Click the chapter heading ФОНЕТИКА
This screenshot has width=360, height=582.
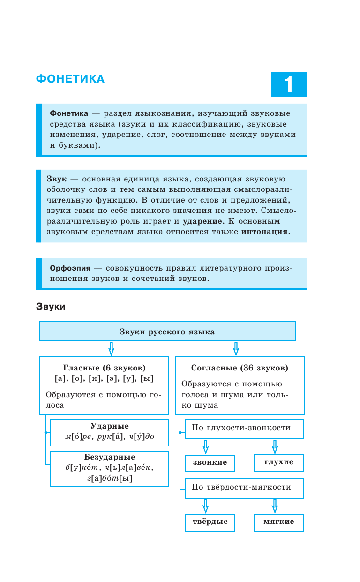click(x=70, y=79)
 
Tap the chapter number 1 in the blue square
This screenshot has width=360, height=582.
click(x=289, y=84)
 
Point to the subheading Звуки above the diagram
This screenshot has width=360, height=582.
click(x=51, y=307)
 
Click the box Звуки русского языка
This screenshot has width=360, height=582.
click(x=167, y=331)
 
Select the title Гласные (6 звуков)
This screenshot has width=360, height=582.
click(x=104, y=368)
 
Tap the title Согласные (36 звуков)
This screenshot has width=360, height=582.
click(x=240, y=368)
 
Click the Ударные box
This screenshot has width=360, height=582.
click(x=109, y=432)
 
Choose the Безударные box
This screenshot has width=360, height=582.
click(x=109, y=468)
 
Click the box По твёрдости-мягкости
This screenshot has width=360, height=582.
click(x=244, y=488)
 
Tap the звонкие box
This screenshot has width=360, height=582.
click(x=210, y=463)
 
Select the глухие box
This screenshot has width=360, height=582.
click(x=279, y=462)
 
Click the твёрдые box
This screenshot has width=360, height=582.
click(x=210, y=522)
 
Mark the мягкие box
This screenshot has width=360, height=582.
click(x=279, y=522)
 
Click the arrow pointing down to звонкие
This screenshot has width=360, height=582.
click(x=205, y=446)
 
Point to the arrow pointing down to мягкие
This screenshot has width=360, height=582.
click(x=275, y=506)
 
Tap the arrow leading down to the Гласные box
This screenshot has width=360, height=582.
click(x=111, y=348)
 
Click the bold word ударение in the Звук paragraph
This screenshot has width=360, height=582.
click(x=202, y=221)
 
